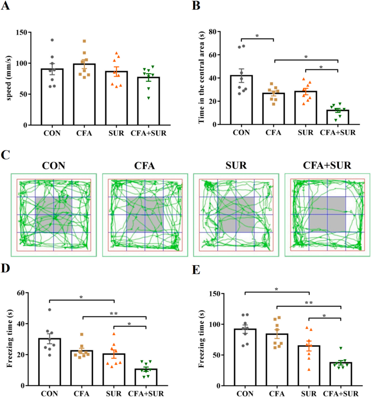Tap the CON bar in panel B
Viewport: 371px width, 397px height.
[241, 100]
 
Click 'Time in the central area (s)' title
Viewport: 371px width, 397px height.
[202, 77]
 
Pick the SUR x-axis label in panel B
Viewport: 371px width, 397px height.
[305, 133]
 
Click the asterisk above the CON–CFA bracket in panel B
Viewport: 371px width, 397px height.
[257, 36]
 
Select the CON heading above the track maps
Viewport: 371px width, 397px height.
[54, 166]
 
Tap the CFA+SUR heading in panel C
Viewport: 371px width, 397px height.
[327, 166]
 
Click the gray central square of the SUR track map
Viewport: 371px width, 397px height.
[236, 214]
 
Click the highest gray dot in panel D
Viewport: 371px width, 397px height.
[49, 310]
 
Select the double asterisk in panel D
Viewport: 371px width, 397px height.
[114, 314]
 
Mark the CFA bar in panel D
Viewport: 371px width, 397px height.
[82, 368]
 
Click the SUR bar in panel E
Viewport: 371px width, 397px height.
[309, 365]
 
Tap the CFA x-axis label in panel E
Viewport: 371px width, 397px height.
[277, 394]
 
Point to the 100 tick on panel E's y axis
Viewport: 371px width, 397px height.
[215, 324]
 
